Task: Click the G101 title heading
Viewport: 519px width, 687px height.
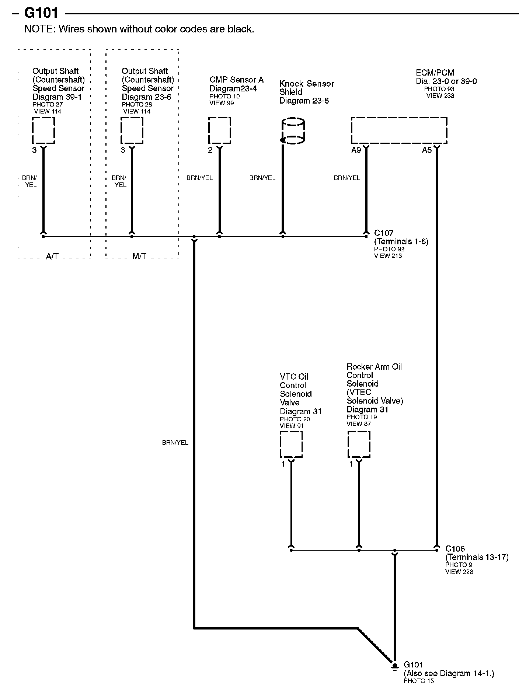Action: [41, 13]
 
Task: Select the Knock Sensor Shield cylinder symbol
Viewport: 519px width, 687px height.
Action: [293, 131]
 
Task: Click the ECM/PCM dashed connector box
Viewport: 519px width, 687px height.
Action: [399, 130]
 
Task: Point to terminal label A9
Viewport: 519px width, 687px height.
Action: [356, 150]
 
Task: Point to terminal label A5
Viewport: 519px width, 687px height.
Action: [426, 150]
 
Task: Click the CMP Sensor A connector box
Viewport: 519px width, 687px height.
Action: [220, 130]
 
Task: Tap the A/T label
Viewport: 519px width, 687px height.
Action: [52, 257]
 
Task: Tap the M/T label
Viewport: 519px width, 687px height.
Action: [139, 257]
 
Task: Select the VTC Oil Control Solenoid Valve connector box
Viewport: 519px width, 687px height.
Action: [291, 444]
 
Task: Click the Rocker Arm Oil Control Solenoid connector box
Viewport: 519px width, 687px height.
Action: [359, 444]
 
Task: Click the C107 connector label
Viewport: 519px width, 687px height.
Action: [384, 233]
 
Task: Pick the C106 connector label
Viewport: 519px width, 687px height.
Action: [455, 549]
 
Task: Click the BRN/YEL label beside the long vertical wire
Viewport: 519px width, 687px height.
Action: [175, 443]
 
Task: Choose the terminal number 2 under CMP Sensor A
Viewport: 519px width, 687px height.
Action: [210, 150]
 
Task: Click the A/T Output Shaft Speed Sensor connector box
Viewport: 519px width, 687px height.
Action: [43, 130]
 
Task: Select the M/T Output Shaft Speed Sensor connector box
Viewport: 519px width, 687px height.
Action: [132, 130]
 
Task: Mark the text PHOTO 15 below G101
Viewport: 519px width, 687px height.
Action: [419, 681]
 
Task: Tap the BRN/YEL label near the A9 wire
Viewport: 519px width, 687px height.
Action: [347, 178]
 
